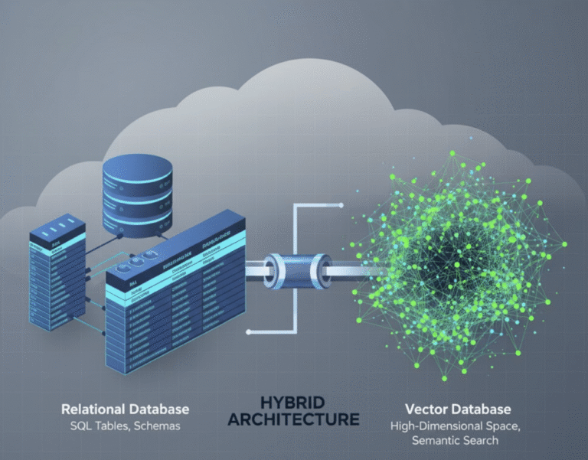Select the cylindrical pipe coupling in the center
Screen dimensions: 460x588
(292, 269)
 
